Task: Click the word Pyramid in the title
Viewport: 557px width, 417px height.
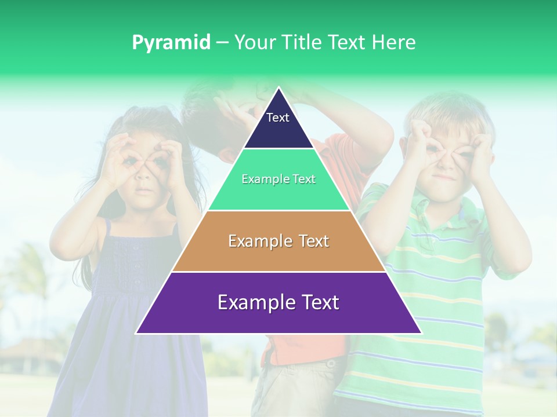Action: click(171, 43)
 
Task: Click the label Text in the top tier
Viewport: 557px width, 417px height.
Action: click(278, 118)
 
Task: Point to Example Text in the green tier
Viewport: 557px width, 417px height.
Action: click(278, 179)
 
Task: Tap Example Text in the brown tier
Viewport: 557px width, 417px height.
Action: click(278, 241)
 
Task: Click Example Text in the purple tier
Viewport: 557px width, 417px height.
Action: click(278, 302)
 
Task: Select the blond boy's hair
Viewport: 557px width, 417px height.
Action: click(447, 107)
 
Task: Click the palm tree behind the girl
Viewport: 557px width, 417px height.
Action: click(29, 272)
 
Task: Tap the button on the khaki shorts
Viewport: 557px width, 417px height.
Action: click(331, 364)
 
